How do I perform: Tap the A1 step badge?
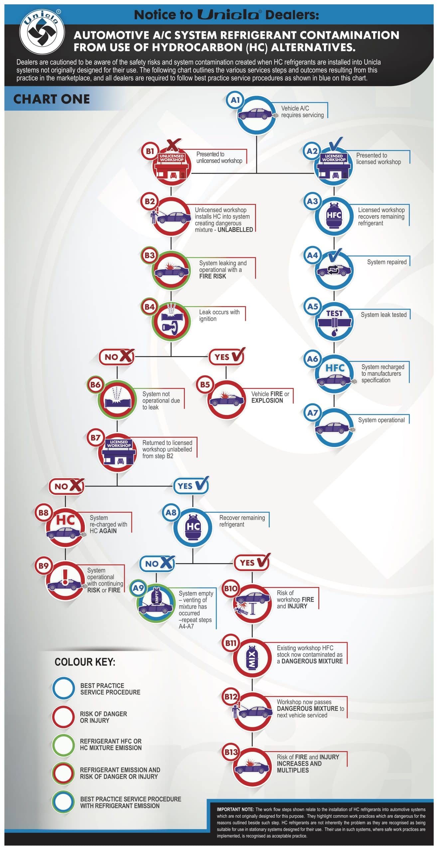pyautogui.click(x=235, y=100)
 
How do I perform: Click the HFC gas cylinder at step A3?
pyautogui.click(x=334, y=216)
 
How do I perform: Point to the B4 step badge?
pyautogui.click(x=149, y=307)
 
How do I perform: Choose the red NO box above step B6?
pyautogui.click(x=117, y=357)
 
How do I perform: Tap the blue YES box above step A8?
pyautogui.click(x=191, y=486)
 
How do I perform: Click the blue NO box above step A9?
pyautogui.click(x=157, y=563)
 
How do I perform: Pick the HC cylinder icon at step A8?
pyautogui.click(x=193, y=527)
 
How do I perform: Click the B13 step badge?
pyautogui.click(x=231, y=752)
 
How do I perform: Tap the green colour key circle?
pyautogui.click(x=63, y=745)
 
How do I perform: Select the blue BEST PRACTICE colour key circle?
pyautogui.click(x=63, y=688)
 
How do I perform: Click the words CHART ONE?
pyautogui.click(x=52, y=99)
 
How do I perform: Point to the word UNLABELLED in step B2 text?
pyautogui.click(x=235, y=230)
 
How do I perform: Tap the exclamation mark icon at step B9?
pyautogui.click(x=65, y=577)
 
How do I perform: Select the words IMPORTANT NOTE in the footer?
pyautogui.click(x=235, y=809)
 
